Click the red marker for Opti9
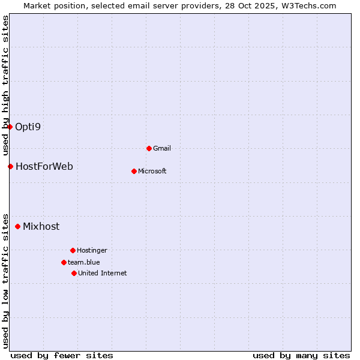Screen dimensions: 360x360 (10, 127)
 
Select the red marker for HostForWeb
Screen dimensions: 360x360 (10, 166)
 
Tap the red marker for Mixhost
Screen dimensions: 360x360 (17, 226)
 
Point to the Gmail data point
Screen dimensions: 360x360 (149, 148)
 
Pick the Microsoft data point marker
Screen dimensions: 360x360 (134, 171)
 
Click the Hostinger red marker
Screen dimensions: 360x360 (73, 250)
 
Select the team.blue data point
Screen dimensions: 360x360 (64, 262)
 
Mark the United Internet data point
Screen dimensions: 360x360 (74, 273)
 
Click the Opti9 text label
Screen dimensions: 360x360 (28, 127)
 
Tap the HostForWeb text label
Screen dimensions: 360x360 (44, 166)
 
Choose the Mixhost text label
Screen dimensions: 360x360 (41, 226)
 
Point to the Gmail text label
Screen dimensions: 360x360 (162, 148)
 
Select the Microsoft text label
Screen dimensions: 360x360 (152, 171)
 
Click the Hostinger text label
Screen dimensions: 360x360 (92, 250)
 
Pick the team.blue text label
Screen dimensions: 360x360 (84, 262)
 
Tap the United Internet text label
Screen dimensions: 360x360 (102, 273)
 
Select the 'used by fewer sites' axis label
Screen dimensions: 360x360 (62, 355)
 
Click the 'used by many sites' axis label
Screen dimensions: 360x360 (301, 355)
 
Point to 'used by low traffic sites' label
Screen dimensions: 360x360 (5, 280)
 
